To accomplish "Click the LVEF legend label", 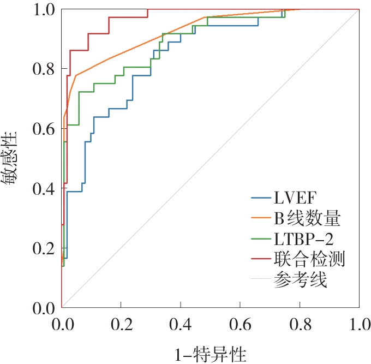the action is (295, 198).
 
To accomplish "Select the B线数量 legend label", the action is (307, 218).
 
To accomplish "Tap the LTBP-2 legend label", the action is (303, 239).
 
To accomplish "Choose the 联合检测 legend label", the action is (309, 259).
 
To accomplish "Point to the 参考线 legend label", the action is (301, 279).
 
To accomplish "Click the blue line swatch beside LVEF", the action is (261, 198).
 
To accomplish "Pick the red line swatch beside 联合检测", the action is (261, 259).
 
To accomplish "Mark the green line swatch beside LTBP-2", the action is (261, 238).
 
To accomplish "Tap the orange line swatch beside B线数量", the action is (261, 218).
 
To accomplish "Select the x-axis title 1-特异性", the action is (211, 355).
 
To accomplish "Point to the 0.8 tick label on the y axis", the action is (44, 69).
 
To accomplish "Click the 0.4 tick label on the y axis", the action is (44, 189).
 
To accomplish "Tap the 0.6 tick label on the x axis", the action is (240, 324).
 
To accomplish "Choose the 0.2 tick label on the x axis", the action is (121, 324).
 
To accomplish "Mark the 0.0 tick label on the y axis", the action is (44, 308).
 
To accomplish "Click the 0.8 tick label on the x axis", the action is (300, 324).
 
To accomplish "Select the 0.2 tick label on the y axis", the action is (44, 248).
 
